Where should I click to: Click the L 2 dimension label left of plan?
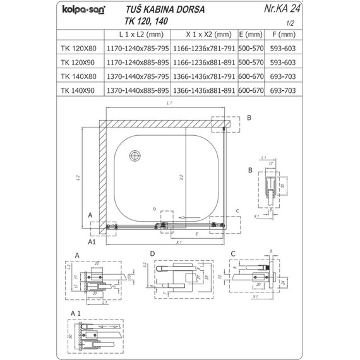pyautogui.click(x=76, y=179)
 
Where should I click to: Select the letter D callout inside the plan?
pyautogui.click(x=153, y=208)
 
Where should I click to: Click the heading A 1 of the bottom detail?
pyautogui.click(x=76, y=313)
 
